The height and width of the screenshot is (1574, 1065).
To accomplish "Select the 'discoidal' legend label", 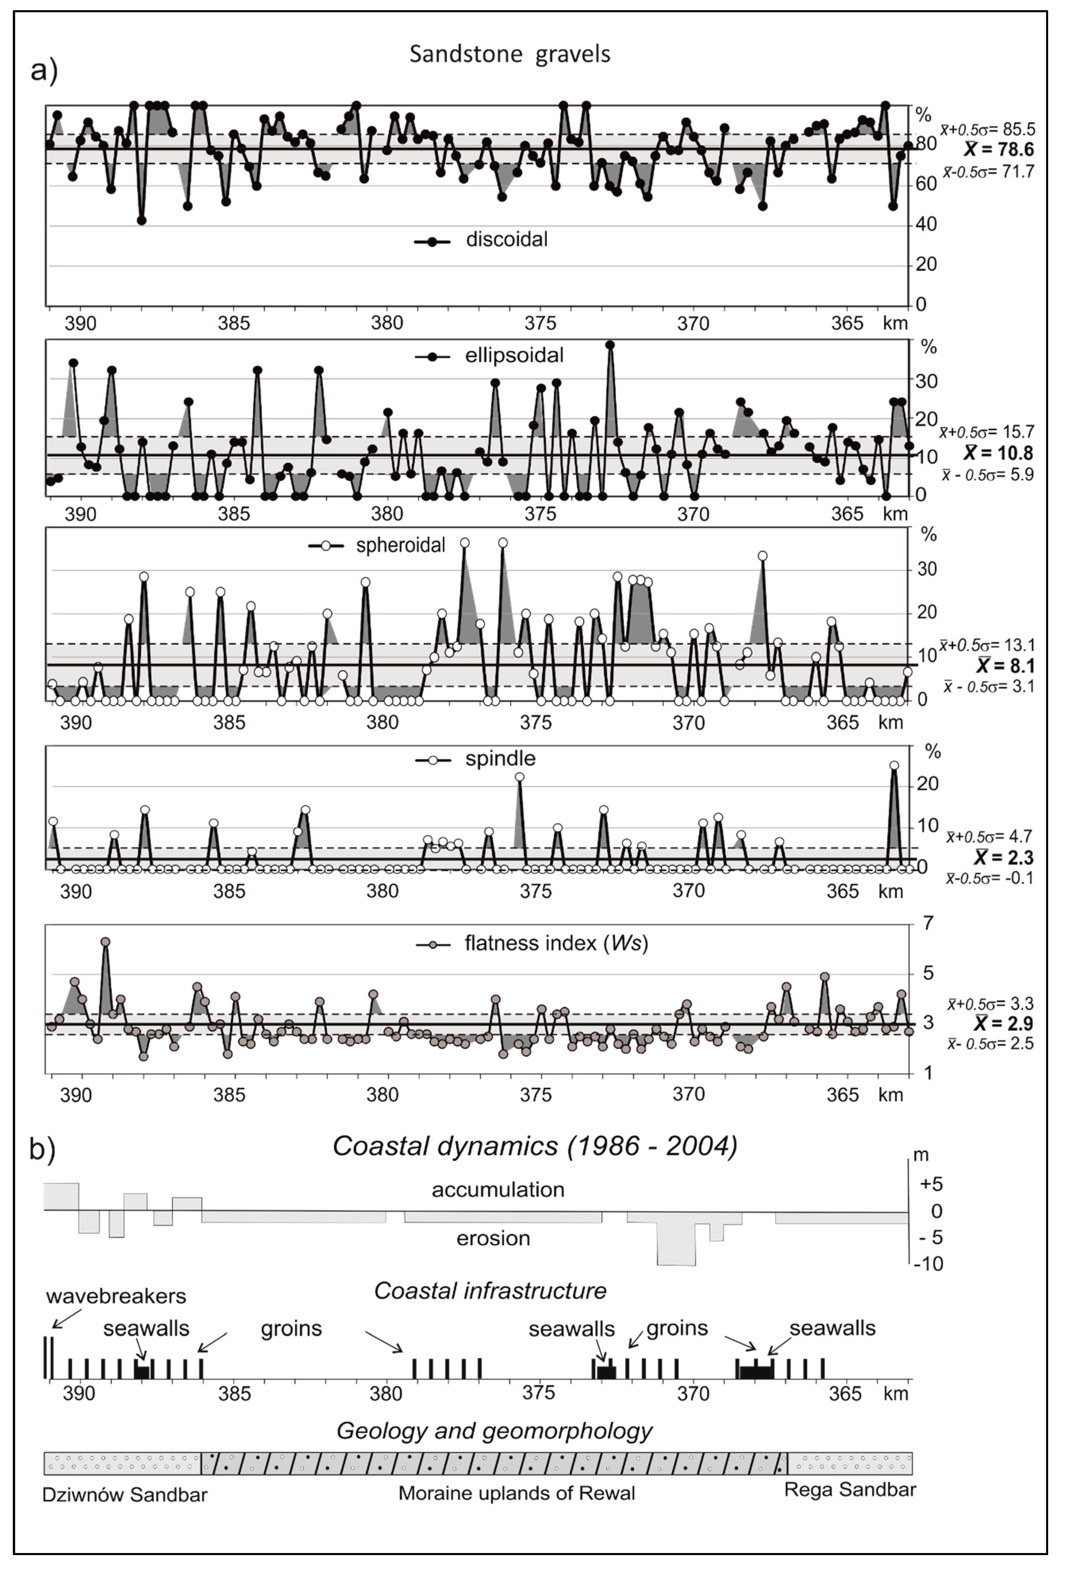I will tap(506, 240).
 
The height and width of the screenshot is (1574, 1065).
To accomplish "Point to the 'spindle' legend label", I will tap(500, 759).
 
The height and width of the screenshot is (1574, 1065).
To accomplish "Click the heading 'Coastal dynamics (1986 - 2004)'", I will tap(535, 1146).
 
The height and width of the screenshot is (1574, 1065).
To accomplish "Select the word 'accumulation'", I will tap(498, 1190).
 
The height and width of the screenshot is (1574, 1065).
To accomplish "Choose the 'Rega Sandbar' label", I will tap(850, 1490).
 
